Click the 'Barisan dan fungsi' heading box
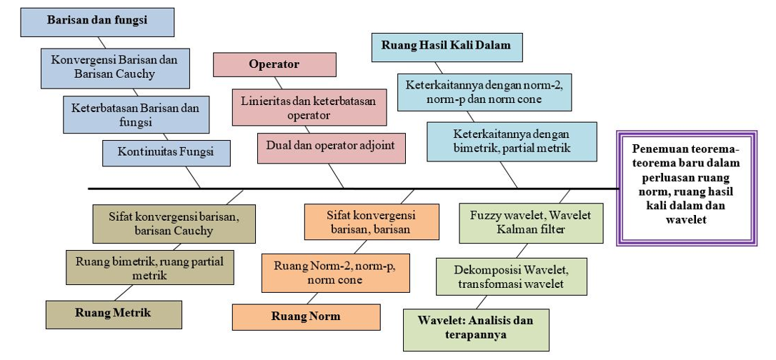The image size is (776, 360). (98, 21)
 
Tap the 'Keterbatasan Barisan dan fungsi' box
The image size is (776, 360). (135, 114)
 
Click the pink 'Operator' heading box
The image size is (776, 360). (274, 64)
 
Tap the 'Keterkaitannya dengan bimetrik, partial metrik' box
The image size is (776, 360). (511, 141)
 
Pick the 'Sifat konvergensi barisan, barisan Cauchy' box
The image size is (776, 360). (174, 223)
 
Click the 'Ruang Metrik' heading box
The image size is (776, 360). (114, 313)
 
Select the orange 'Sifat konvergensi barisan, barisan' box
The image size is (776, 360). (372, 222)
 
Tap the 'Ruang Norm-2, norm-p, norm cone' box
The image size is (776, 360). (334, 273)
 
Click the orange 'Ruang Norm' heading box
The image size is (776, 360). (306, 316)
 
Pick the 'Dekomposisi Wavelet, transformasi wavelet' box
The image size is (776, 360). (512, 277)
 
